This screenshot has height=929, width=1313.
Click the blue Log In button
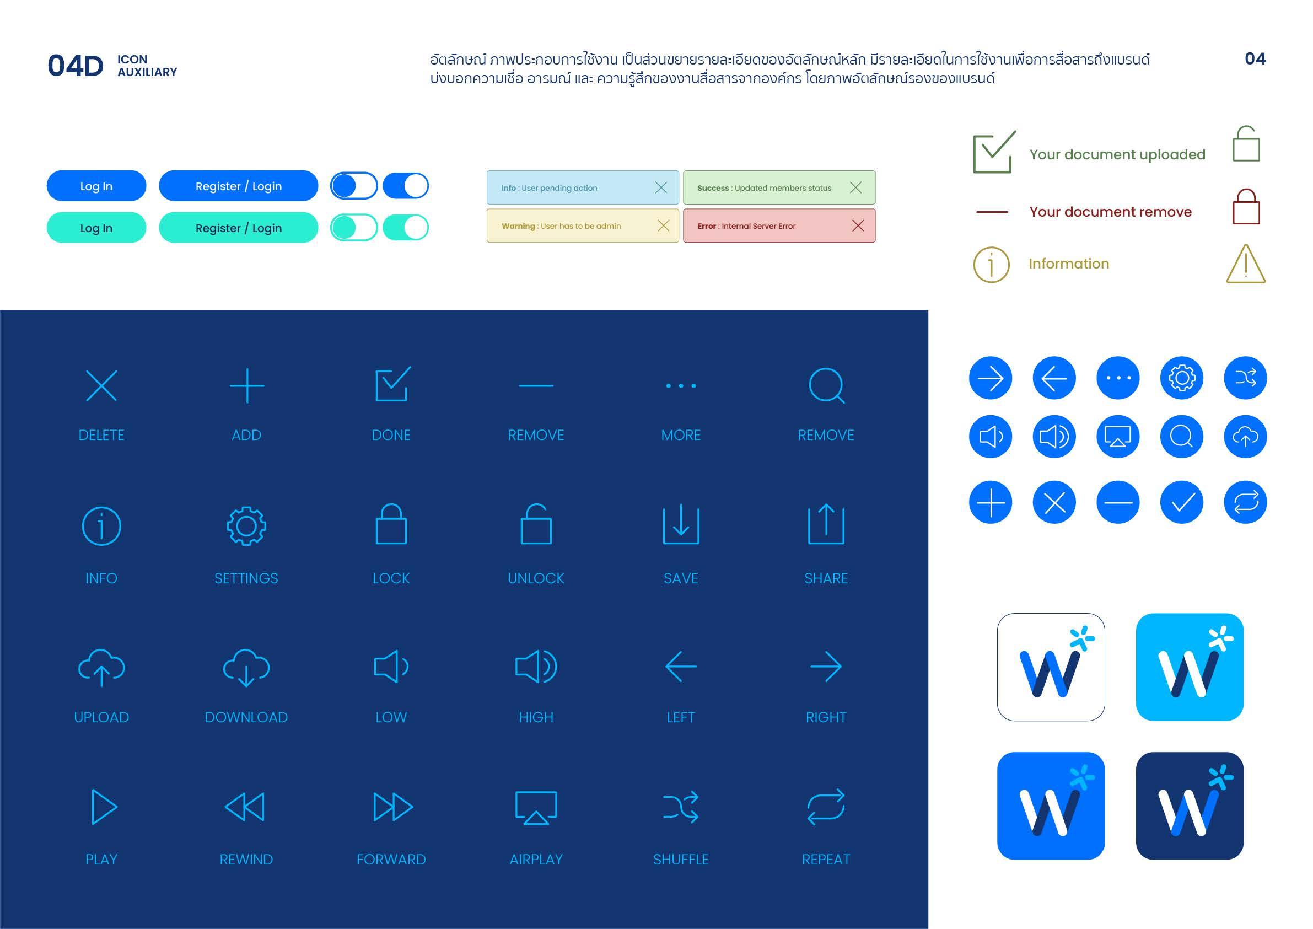(x=96, y=186)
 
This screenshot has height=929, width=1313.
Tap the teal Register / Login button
(x=239, y=228)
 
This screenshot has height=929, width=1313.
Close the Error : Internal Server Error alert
(x=858, y=226)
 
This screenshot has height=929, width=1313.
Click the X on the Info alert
(x=661, y=187)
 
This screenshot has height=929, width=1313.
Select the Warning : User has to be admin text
(x=561, y=226)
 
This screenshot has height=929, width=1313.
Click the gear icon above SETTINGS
(x=246, y=526)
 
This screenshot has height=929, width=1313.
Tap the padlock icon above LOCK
(x=391, y=524)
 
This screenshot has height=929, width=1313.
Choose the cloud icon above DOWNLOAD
(x=246, y=667)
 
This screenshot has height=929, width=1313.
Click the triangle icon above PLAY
(x=104, y=807)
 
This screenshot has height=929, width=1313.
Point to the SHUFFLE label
(x=681, y=859)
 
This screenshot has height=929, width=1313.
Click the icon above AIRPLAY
(x=536, y=807)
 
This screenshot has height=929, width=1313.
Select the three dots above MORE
(x=681, y=385)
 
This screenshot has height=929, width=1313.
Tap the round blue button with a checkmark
(x=1181, y=502)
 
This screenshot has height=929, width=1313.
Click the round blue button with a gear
(x=1181, y=378)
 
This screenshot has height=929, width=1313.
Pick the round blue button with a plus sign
(x=991, y=502)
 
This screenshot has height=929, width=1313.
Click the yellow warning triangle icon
(x=1246, y=264)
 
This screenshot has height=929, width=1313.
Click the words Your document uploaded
(x=1117, y=154)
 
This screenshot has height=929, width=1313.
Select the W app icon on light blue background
(x=1190, y=667)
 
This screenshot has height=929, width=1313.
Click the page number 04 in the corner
(x=1255, y=58)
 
